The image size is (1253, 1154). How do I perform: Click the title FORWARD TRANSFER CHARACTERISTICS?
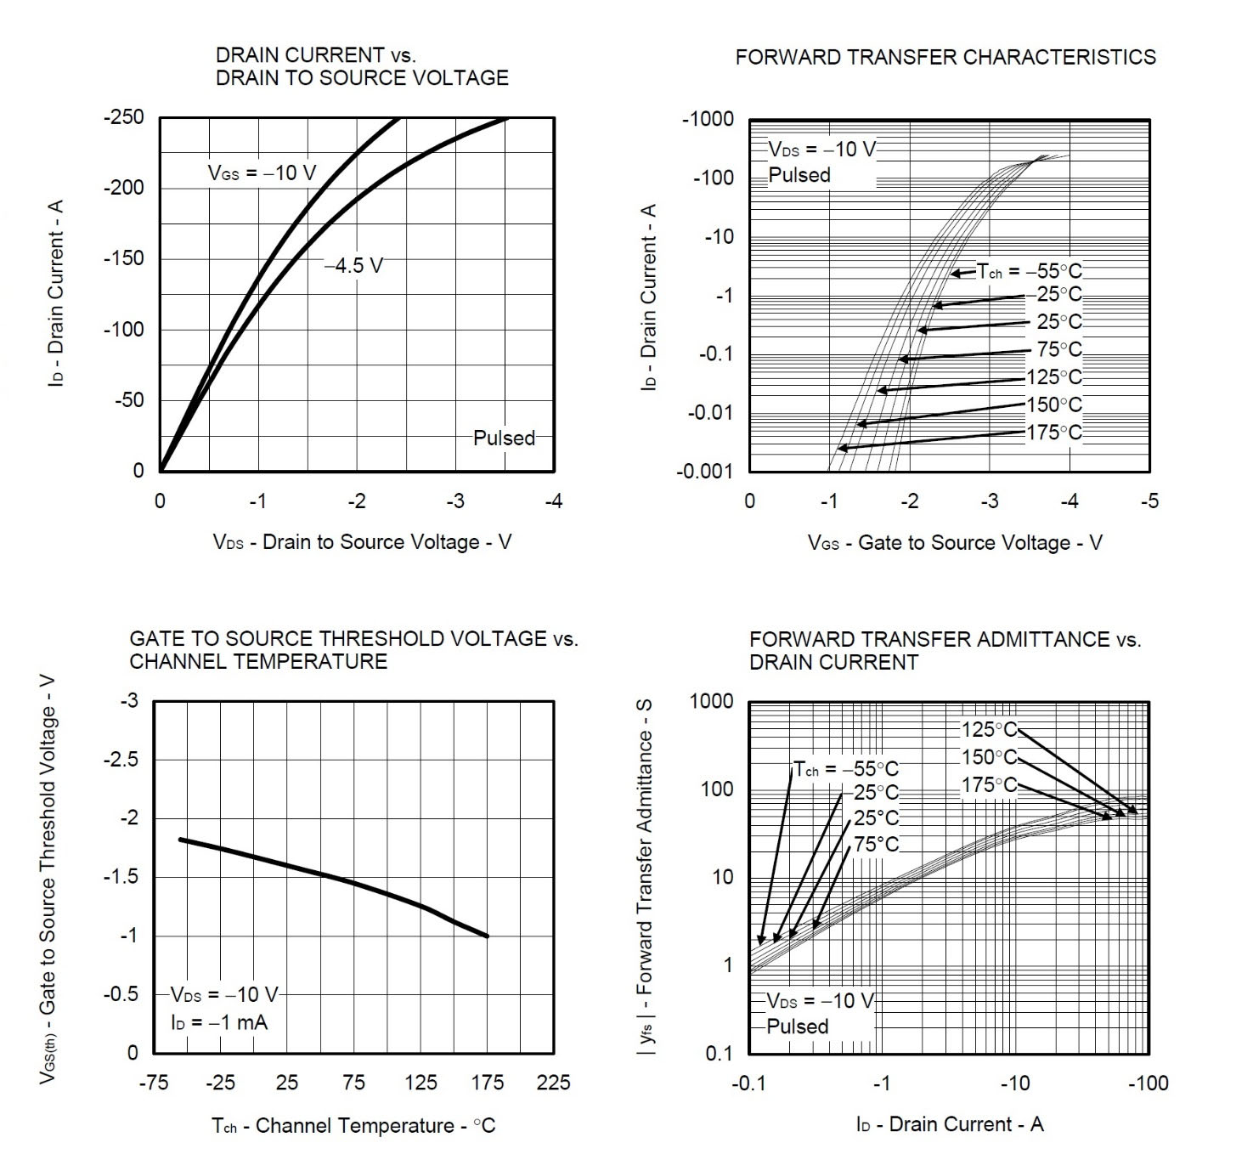[x=945, y=57]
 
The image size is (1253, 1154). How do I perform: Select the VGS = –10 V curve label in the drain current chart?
[x=262, y=173]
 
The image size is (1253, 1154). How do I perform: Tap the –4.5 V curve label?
[x=353, y=266]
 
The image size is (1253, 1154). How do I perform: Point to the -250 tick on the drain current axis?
[x=124, y=117]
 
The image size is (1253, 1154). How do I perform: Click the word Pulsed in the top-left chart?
[x=504, y=438]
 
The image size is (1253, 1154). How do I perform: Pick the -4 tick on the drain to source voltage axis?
[x=553, y=501]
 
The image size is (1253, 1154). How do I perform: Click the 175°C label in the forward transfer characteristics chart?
[x=1054, y=433]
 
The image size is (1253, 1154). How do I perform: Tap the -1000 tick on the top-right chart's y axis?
[x=708, y=119]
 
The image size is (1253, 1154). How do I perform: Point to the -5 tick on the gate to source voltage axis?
[x=1149, y=501]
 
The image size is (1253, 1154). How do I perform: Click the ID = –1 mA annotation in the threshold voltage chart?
[x=219, y=1022]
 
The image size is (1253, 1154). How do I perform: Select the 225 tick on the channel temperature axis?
[x=554, y=1083]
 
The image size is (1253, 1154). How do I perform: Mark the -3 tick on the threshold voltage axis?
[x=129, y=701]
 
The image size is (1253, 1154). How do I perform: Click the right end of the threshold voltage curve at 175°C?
[x=488, y=936]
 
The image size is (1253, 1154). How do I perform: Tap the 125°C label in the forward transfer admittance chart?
[x=989, y=730]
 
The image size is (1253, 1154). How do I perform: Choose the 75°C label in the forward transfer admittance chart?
[x=876, y=845]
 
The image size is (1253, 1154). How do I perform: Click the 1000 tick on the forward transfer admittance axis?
[x=711, y=701]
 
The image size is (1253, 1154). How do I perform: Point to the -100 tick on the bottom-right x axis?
[x=1148, y=1083]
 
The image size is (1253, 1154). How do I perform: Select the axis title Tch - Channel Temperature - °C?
[x=353, y=1126]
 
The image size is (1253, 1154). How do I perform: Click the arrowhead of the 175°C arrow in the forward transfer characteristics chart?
[x=840, y=449]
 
